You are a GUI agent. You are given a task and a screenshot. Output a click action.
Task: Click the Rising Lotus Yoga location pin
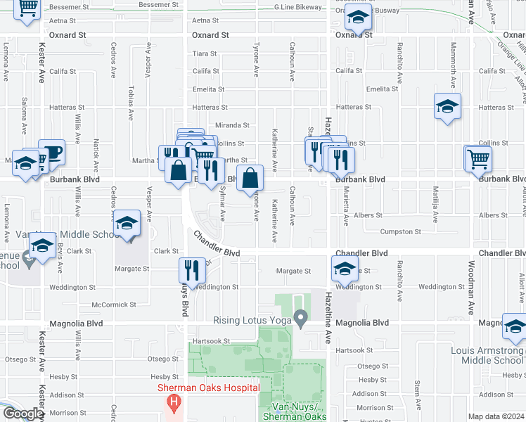tap(301, 319)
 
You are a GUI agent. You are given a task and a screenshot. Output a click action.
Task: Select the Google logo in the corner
tap(23, 414)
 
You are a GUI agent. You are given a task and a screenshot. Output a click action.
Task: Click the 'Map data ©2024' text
tap(496, 416)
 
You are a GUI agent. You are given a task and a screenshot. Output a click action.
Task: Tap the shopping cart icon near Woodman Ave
tap(478, 158)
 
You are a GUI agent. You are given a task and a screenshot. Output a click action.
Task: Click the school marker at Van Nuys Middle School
tap(127, 224)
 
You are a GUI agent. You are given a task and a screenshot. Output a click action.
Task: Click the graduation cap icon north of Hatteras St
tap(447, 107)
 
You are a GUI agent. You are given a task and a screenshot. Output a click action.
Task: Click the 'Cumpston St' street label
tap(400, 231)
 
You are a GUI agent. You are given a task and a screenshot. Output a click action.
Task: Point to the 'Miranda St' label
tap(232, 125)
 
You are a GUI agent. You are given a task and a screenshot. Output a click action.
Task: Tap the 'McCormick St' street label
tap(113, 305)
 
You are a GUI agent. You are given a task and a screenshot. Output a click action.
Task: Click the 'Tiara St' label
tap(205, 53)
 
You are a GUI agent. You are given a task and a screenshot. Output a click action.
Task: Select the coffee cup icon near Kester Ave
tap(51, 152)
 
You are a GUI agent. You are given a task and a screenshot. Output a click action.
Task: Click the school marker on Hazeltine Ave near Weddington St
tap(345, 269)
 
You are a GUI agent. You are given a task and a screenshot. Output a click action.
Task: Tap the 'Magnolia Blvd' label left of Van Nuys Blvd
tap(76, 324)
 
